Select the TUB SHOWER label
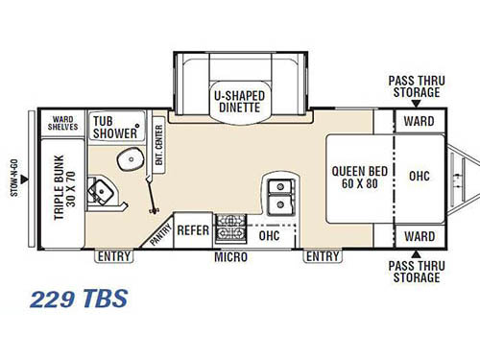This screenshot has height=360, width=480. coord(113,127)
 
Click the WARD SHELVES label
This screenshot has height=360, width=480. coord(63,122)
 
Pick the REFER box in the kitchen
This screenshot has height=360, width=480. coord(193,231)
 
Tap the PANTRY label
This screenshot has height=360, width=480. coord(158,229)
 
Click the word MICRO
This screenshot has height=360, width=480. coord(231,257)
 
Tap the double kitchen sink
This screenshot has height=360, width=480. coord(279,193)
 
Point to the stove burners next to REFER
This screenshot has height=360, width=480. coord(230,231)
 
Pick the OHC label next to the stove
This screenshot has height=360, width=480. coord(269,233)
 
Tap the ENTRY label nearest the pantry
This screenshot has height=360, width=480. coord(113,256)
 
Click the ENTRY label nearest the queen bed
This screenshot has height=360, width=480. coord(322,256)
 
